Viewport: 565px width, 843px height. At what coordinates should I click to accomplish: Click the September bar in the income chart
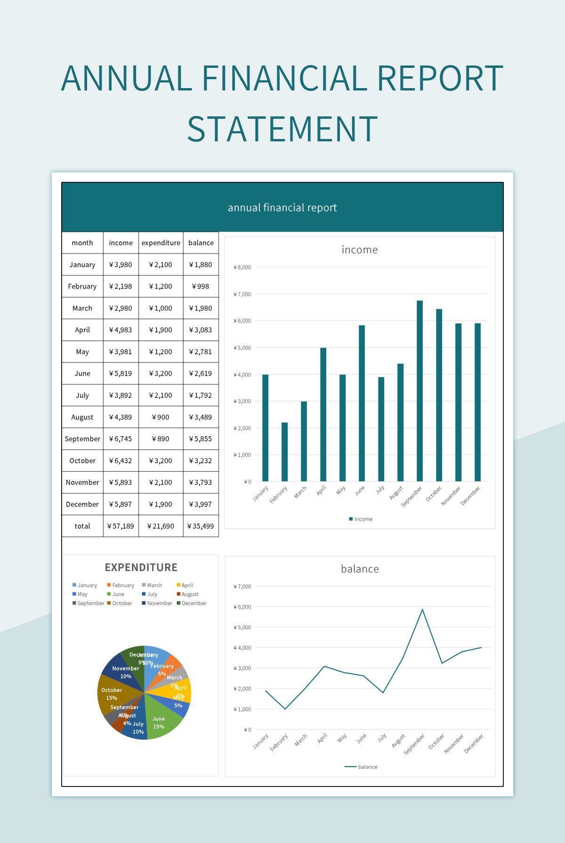(420, 391)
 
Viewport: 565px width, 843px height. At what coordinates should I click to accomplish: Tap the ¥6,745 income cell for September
(121, 439)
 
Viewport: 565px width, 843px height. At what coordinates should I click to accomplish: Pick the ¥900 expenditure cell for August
(161, 417)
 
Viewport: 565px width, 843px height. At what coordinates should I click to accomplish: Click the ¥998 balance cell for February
(201, 286)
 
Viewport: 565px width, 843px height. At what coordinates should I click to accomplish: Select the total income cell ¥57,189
(121, 526)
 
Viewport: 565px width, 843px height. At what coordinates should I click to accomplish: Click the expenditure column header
(161, 243)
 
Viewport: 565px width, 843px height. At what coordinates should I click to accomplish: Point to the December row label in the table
(82, 504)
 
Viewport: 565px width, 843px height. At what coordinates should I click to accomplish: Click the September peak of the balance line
(422, 610)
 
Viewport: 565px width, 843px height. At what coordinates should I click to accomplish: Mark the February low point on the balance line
(285, 709)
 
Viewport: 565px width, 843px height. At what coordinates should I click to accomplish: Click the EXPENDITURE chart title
(141, 567)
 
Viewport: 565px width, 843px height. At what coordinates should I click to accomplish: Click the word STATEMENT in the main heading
(282, 129)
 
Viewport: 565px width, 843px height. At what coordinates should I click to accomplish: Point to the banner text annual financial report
(282, 208)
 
